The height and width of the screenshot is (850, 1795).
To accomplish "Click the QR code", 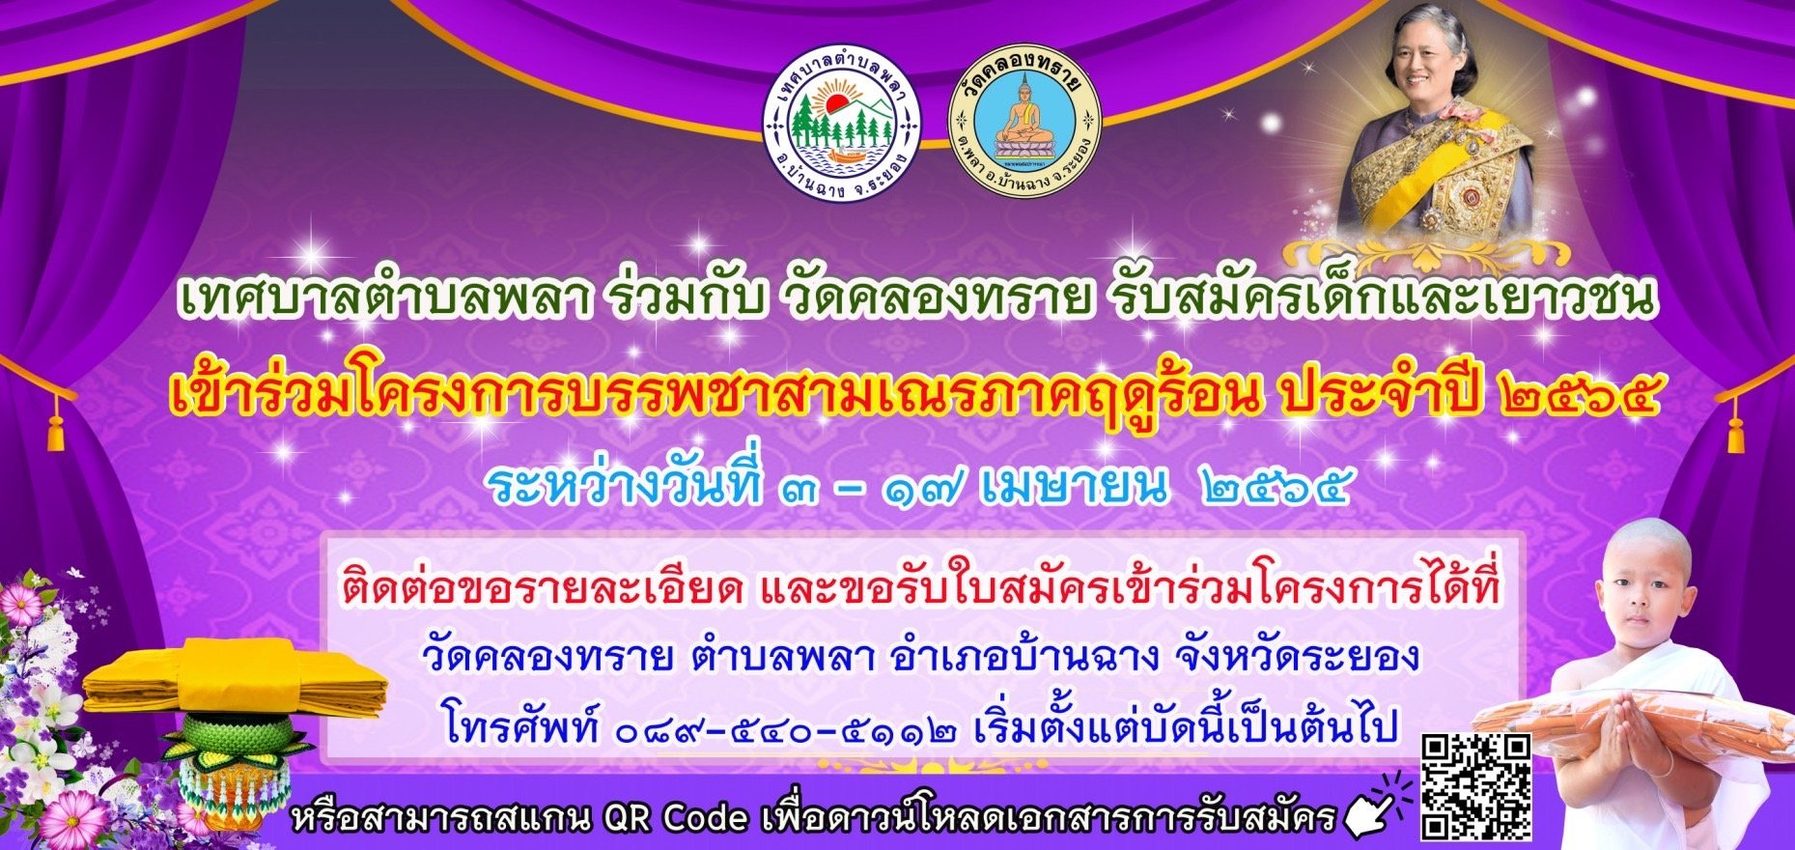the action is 1476,786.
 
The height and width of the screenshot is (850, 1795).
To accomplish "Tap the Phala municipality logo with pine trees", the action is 842,124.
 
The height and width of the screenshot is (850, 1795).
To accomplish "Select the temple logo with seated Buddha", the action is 1024,124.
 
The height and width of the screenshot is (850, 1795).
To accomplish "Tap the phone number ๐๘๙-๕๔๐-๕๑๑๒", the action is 787,726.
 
